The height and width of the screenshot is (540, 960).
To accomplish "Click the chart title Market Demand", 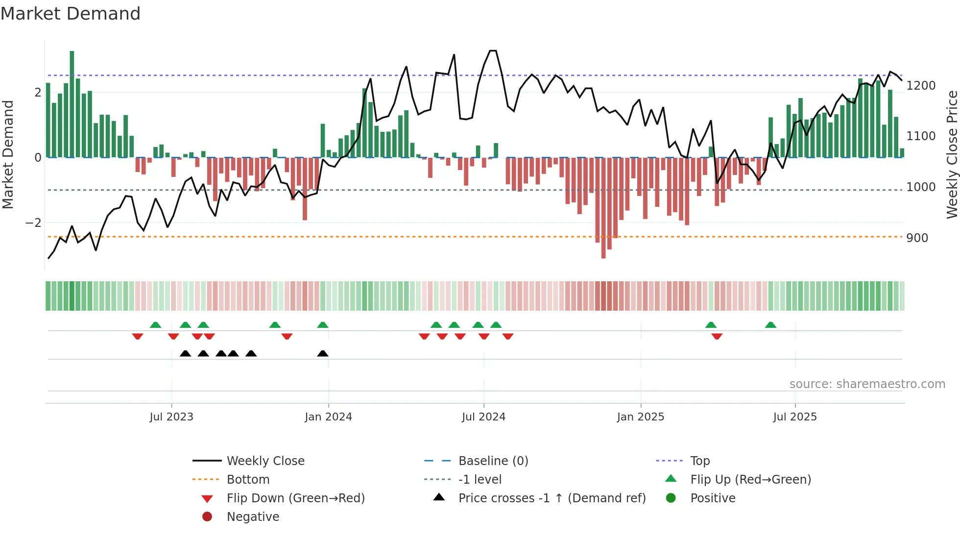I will point(71,14).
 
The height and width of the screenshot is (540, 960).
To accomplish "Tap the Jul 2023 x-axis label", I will point(171,417).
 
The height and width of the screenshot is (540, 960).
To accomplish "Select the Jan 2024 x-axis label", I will point(328,417).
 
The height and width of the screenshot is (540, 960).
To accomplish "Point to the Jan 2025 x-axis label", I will point(640,417).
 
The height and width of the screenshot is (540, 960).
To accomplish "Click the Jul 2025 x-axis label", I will point(795,417).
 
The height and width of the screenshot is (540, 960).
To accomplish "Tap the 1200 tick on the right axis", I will point(921,86).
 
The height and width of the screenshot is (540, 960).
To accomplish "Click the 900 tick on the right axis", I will point(917,238).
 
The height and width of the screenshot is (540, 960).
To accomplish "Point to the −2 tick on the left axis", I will point(33,223).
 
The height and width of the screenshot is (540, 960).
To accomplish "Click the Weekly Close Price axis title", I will point(952,154).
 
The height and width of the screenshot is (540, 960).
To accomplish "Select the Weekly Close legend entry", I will point(265,461).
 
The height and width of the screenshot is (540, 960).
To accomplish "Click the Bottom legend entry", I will point(248,480).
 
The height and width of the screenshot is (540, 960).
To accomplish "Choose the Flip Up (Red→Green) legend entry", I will point(750,480).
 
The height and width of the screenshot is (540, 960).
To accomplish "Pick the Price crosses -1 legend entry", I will point(552,498).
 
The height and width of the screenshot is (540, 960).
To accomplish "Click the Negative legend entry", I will point(253,517).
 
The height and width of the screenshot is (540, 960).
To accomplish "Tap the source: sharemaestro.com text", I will point(867,384).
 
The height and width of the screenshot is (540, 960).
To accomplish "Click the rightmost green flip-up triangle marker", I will point(770,325).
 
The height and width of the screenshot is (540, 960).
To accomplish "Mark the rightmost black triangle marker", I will point(323,354).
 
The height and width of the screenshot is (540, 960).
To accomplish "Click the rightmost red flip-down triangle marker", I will point(717,336).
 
